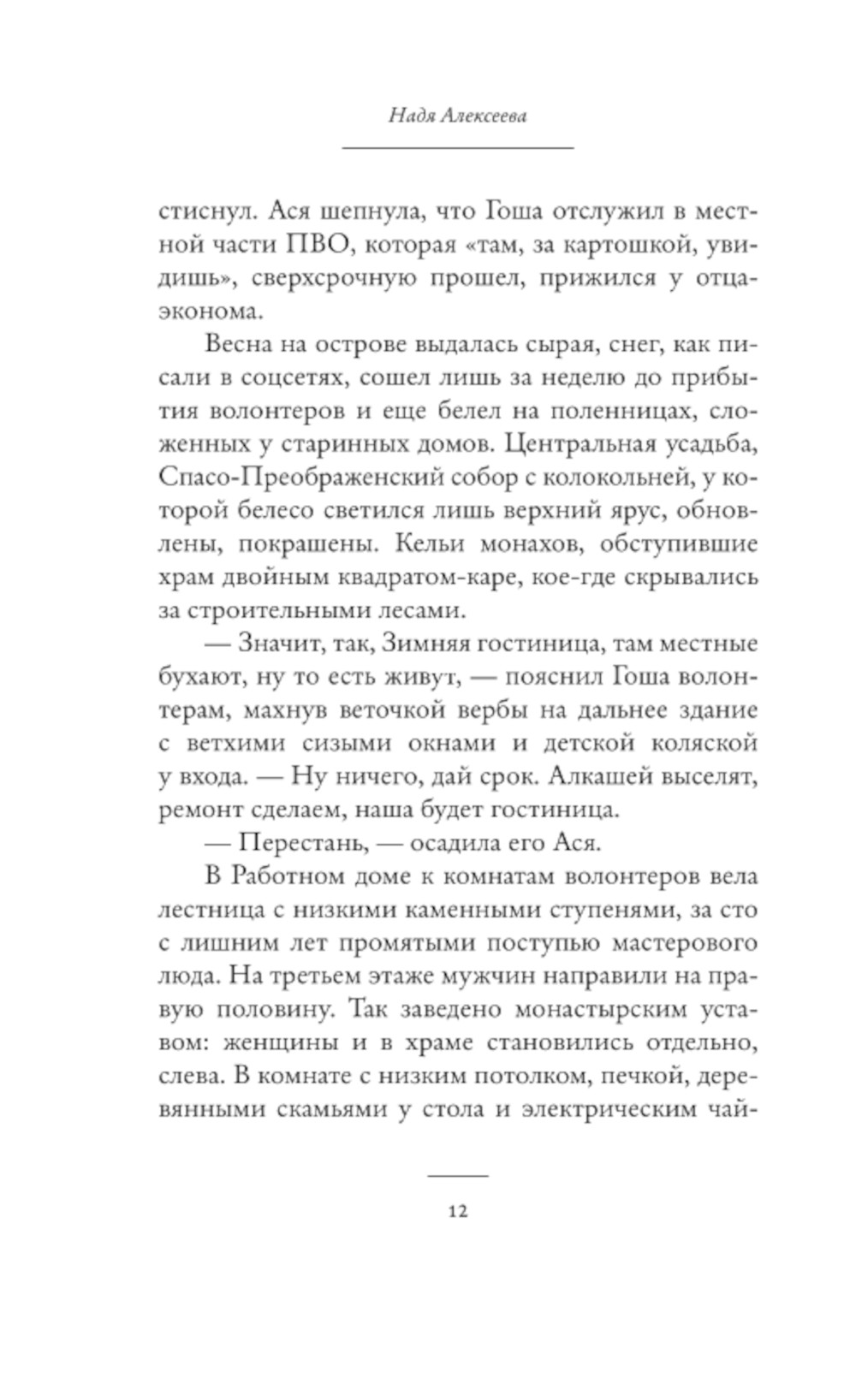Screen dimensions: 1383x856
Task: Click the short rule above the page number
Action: pos(457,1175)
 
